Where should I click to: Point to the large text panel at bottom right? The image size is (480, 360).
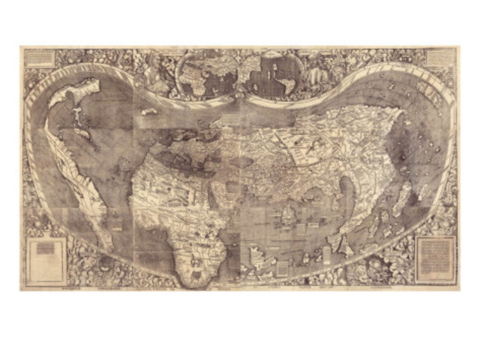click(434, 258)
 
